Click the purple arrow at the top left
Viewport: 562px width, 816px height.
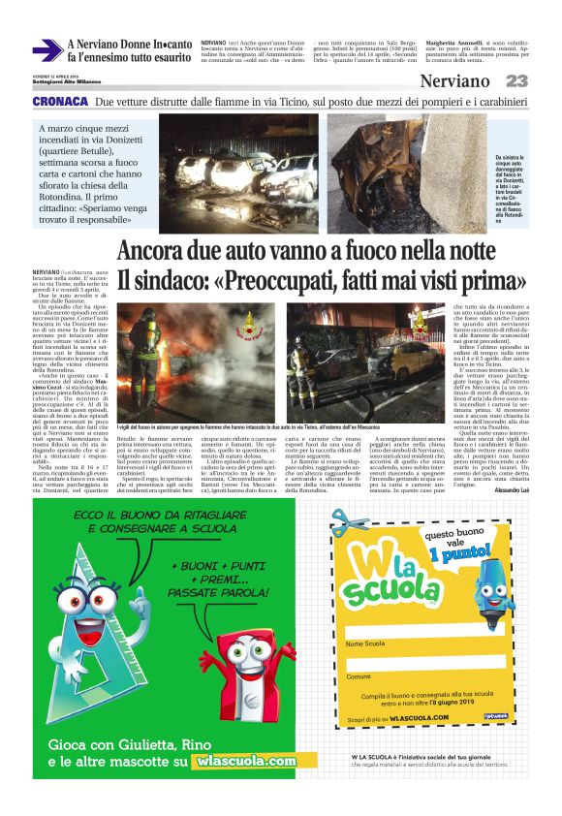(x=47, y=50)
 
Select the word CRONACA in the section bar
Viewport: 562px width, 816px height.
(x=61, y=101)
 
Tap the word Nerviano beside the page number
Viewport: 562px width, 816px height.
(x=454, y=81)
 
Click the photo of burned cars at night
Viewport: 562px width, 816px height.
(x=238, y=161)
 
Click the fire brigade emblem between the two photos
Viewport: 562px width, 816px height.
(x=251, y=325)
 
